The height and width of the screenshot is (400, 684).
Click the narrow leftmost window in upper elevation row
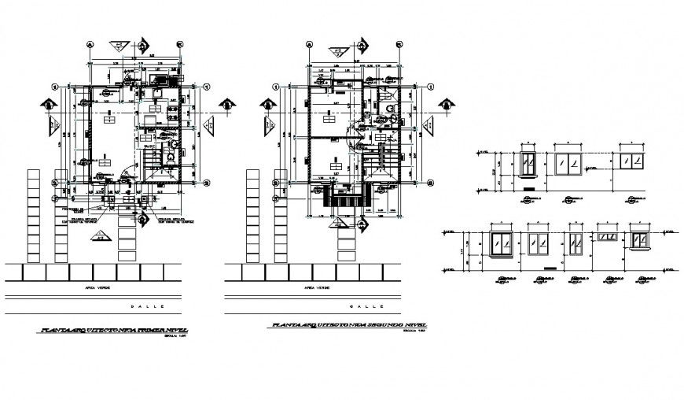coord(529,165)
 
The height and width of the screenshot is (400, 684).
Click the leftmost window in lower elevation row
coord(501,243)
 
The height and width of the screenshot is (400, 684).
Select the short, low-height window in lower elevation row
coord(607,235)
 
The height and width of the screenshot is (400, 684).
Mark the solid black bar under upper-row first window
coord(528,189)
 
